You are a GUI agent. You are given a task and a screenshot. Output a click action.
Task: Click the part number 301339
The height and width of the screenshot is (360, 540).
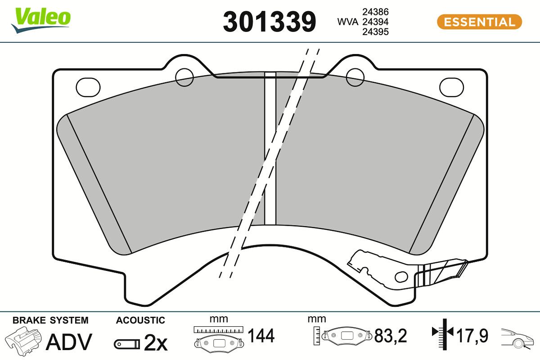coord(270,22)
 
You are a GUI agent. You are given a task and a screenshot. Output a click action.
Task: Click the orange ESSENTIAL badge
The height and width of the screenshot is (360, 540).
coord(479,22)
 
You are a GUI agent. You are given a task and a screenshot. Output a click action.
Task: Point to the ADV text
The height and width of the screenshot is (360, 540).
coord(69,342)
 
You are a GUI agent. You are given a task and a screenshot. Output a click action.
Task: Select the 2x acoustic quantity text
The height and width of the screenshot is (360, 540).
coord(155,343)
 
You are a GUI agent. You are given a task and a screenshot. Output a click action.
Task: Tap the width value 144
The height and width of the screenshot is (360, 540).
coord(261,336)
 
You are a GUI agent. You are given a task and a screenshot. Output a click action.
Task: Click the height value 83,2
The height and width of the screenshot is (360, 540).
coord(390,336)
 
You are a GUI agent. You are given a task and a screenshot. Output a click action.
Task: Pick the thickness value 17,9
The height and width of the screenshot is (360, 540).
coord(472,336)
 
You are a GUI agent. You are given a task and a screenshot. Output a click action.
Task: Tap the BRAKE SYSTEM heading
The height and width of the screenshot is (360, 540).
coord(50,320)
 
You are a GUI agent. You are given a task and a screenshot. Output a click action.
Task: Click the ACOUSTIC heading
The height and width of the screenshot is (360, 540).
coord(140,320)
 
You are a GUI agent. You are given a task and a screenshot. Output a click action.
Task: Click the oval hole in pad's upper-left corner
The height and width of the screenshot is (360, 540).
coord(88,87)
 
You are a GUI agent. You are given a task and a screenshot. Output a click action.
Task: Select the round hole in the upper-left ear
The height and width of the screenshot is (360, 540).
coord(184,77)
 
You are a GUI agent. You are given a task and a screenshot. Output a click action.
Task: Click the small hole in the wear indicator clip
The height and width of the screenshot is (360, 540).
coord(400,275)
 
